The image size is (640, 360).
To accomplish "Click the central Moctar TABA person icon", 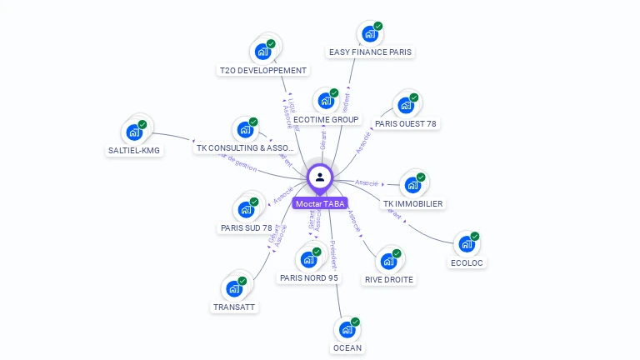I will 320,177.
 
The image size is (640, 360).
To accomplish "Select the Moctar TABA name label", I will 320,203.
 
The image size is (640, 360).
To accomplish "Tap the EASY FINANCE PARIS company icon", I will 368,35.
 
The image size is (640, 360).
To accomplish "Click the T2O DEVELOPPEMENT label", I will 262,71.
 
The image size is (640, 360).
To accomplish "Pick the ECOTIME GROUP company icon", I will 325,101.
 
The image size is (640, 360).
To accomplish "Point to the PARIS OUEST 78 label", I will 406,124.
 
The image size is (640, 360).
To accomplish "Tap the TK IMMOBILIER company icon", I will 412,185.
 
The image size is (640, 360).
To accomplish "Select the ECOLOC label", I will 467,262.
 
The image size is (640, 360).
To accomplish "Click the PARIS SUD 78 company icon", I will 246,209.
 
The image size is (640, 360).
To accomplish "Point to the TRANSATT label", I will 234,307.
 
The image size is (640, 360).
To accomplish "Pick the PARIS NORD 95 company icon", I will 308,258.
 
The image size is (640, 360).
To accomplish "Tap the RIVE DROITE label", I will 389,279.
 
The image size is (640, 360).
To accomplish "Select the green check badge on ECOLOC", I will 475,236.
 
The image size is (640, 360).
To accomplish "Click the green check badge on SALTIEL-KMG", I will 142,124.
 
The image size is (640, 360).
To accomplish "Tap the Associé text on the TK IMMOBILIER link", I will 367,182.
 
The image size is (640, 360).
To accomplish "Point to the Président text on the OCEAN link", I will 332,254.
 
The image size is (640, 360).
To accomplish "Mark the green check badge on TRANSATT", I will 242,281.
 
